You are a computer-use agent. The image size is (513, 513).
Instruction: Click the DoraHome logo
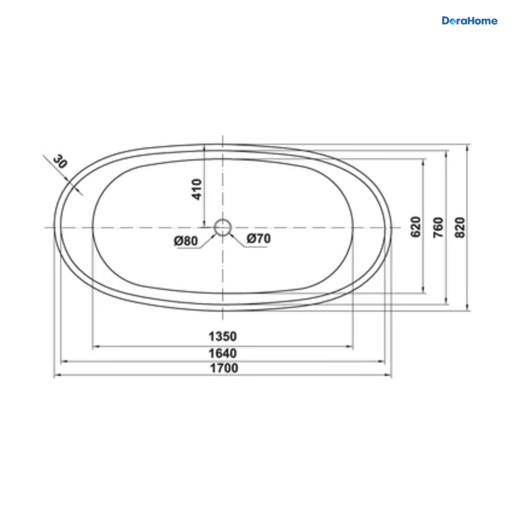tap(469, 21)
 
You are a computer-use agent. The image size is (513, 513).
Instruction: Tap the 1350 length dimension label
tap(223, 336)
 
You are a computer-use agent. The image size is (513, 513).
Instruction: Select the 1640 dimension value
tap(223, 354)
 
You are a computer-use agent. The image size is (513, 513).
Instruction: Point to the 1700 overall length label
tap(224, 368)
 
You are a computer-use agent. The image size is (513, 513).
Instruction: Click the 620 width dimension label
tap(416, 227)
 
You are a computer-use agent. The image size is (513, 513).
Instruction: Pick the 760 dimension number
tap(438, 227)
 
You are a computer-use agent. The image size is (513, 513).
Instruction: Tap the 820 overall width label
tap(460, 227)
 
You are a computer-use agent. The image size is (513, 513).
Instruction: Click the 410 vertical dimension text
tap(197, 189)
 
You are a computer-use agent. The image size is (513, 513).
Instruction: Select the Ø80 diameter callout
tap(186, 241)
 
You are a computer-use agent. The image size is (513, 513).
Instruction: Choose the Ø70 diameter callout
tap(259, 239)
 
